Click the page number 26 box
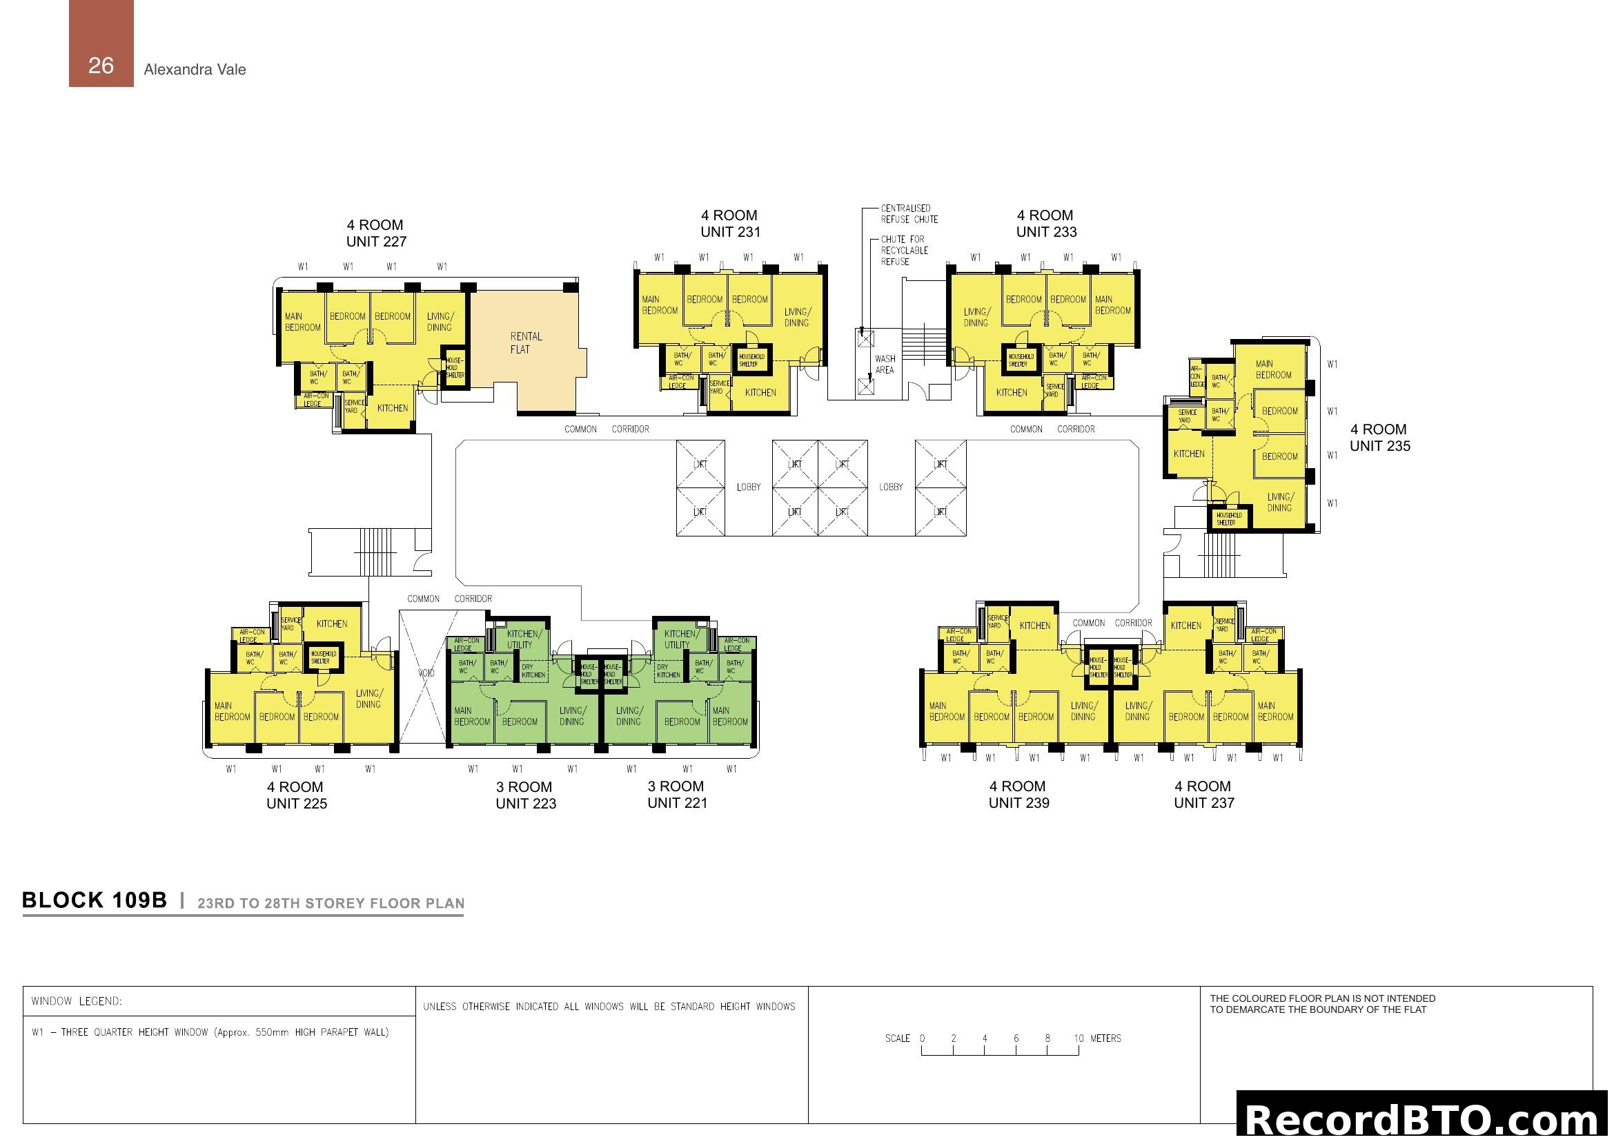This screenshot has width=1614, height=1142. click(101, 43)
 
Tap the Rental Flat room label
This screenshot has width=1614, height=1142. click(525, 342)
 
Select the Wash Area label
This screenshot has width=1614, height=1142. click(885, 365)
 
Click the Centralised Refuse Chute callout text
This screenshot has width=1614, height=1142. click(909, 214)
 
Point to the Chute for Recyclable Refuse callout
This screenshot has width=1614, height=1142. click(904, 251)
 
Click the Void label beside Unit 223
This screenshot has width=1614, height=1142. click(426, 673)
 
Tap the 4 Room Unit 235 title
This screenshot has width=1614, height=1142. click(1379, 437)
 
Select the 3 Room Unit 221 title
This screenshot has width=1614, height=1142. click(676, 795)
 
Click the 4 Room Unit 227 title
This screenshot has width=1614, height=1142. click(375, 233)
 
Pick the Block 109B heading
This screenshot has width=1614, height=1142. click(95, 901)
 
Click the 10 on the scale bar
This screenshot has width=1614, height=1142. click(1079, 1038)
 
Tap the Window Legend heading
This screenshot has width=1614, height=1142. click(76, 1000)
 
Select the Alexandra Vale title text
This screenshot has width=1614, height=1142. click(195, 69)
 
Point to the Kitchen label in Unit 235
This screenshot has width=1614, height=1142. click(1189, 454)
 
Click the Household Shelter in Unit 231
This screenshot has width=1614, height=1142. click(751, 360)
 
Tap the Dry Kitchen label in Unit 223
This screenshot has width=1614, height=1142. click(532, 671)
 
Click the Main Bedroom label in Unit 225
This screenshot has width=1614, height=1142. click(232, 711)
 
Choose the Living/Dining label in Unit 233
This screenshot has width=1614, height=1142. click(976, 317)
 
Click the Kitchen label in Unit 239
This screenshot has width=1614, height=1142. click(1034, 625)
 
